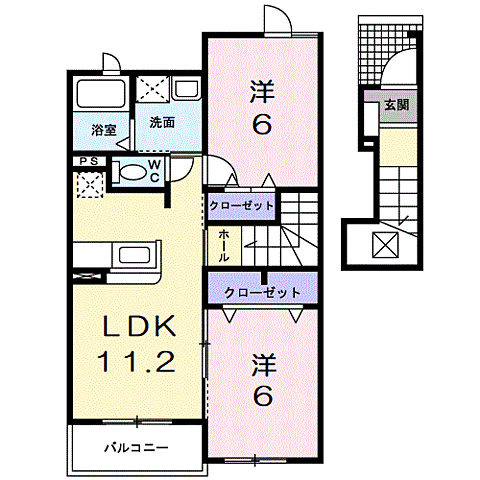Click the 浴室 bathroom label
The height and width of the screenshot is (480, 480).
point(103,129)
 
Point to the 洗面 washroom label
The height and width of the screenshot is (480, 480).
point(162,123)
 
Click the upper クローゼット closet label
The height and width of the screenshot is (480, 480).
point(241,204)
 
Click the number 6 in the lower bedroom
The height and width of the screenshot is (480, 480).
point(262,396)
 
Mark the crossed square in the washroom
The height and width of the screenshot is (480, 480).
point(154,88)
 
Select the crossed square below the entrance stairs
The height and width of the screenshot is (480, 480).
point(385,243)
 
